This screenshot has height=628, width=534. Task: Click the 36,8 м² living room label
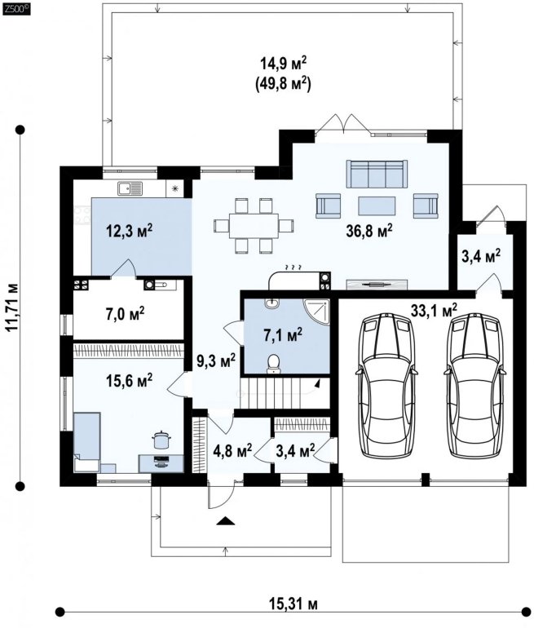tap(369, 231)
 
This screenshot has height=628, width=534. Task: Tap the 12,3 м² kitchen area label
tap(130, 231)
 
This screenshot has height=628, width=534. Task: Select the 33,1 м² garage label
tap(434, 311)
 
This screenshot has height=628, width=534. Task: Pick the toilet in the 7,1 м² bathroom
tap(274, 363)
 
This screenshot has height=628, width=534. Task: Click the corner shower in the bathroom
tap(316, 312)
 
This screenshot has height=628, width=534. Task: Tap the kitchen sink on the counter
tap(130, 188)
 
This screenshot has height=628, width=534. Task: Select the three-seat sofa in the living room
tap(377, 174)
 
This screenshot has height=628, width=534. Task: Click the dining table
tap(254, 225)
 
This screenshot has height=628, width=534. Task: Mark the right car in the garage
tap(474, 385)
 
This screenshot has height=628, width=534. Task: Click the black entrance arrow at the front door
tap(225, 521)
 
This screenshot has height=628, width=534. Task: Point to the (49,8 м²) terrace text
tap(283, 84)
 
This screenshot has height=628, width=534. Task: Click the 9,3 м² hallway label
tap(216, 361)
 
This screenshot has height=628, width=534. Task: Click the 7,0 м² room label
tap(125, 314)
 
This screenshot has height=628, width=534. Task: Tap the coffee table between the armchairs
tap(377, 206)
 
